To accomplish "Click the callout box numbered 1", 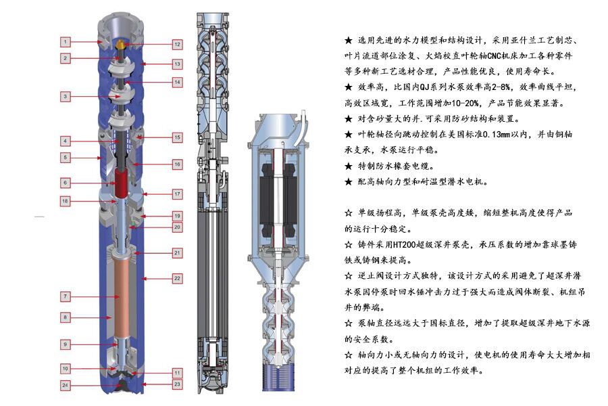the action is tap(65, 41).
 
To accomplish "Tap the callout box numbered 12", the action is tap(177, 44).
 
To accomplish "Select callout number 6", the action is tap(65, 183).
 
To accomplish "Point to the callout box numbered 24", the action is tap(65, 386).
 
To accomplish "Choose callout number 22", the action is tap(177, 278).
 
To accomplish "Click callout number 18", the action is tap(65, 201).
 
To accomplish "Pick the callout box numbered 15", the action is tap(177, 137).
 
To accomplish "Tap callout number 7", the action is tap(65, 296).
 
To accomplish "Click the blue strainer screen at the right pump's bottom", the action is tap(279, 378).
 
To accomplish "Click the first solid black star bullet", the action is tap(348, 41).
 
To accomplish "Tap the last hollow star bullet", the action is tap(348, 355).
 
